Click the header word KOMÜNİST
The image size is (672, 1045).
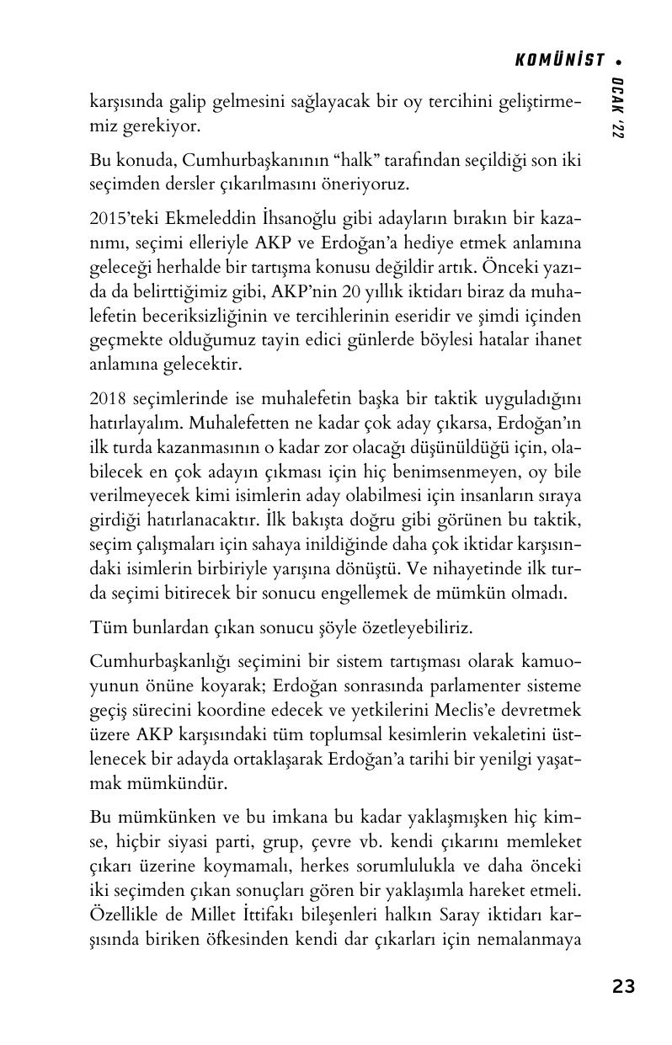click(x=559, y=60)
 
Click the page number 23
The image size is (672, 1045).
click(x=623, y=987)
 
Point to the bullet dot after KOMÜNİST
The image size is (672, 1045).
click(x=619, y=61)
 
